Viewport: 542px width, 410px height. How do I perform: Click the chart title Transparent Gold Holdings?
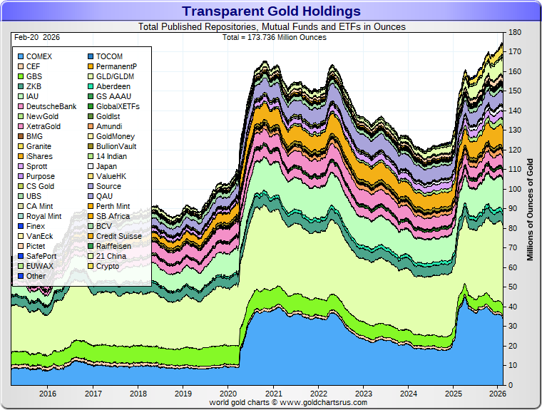271,11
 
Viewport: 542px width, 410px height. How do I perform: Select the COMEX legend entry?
39,56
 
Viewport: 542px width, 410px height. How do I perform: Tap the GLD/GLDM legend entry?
115,76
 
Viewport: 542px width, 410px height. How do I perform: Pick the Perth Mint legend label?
113,206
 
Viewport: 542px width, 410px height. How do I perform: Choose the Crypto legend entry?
108,266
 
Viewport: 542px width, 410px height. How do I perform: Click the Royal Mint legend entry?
44,216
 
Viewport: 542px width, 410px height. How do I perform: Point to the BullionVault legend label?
116,146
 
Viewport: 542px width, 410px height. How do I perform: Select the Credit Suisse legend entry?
118,236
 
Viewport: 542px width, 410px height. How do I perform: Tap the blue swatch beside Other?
20,276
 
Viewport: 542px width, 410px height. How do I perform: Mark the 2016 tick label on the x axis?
48,393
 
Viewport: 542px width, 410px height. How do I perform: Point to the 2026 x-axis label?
497,393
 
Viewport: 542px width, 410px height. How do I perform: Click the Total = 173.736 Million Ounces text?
274,37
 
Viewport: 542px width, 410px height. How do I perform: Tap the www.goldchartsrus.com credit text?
288,402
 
